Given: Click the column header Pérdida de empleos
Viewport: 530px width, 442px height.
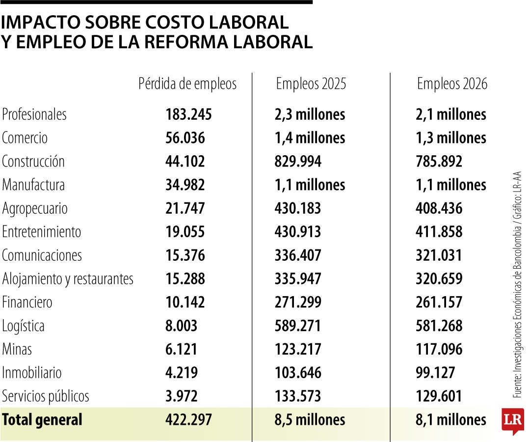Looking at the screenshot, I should click(x=187, y=84).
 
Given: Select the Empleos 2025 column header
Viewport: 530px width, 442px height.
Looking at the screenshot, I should click(x=311, y=84).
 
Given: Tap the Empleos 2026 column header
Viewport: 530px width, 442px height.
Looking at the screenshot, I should click(x=452, y=84).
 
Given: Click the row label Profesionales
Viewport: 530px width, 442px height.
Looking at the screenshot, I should click(x=34, y=114).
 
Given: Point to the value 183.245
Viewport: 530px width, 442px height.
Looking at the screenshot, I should click(x=188, y=114).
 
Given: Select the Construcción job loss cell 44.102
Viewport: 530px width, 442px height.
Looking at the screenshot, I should click(x=185, y=162).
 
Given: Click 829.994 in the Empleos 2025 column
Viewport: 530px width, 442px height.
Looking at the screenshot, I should click(x=298, y=162).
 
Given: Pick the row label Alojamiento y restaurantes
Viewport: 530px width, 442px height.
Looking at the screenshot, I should click(x=68, y=279).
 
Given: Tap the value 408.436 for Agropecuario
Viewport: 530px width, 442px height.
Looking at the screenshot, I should click(x=439, y=209).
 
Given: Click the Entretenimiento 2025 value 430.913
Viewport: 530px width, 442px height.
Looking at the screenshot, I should click(x=298, y=232).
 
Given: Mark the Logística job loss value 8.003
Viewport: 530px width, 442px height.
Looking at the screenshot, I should click(x=182, y=326).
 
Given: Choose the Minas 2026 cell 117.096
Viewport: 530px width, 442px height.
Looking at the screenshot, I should click(x=439, y=349).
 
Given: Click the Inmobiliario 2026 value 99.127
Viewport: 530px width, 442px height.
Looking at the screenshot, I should click(x=435, y=373).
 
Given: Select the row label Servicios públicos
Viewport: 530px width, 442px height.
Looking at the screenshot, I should click(x=46, y=396).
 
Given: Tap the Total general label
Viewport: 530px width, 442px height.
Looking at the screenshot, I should click(x=42, y=420).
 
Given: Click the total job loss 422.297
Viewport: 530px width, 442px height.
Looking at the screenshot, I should click(x=188, y=420).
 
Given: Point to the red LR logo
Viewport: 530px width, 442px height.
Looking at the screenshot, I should click(x=512, y=420).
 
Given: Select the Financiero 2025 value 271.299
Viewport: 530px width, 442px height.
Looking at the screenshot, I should click(x=298, y=303).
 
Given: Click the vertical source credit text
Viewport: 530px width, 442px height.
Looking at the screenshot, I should click(x=517, y=285).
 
